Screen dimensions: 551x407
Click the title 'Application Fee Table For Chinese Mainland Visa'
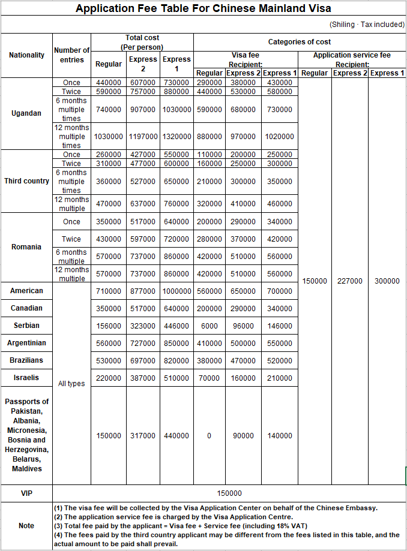pyautogui.click(x=203, y=8)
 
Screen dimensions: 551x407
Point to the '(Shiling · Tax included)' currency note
pyautogui.click(x=366, y=25)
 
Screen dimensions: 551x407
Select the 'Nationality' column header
pyautogui.click(x=26, y=55)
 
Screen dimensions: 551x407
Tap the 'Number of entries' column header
pyautogui.click(x=72, y=55)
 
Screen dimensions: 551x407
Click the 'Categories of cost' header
pyautogui.click(x=299, y=42)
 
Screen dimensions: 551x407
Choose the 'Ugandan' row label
pyautogui.click(x=26, y=113)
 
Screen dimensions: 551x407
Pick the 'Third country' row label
pyautogui.click(x=26, y=181)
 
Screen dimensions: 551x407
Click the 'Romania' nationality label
pyautogui.click(x=26, y=247)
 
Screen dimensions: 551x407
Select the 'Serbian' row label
pyautogui.click(x=26, y=326)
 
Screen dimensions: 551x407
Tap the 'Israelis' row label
pyautogui.click(x=26, y=378)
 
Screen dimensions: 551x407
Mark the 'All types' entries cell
pyautogui.click(x=71, y=384)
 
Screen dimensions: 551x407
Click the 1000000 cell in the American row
pyautogui.click(x=177, y=291)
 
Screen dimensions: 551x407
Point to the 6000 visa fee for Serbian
pyautogui.click(x=209, y=326)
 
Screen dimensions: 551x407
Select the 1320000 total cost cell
pyautogui.click(x=177, y=136)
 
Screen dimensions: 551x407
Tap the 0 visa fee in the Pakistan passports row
pyautogui.click(x=209, y=436)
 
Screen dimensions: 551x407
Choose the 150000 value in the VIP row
pyautogui.click(x=229, y=493)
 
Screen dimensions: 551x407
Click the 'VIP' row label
pyautogui.click(x=26, y=493)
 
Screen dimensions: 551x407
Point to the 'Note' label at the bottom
pyautogui.click(x=26, y=526)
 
